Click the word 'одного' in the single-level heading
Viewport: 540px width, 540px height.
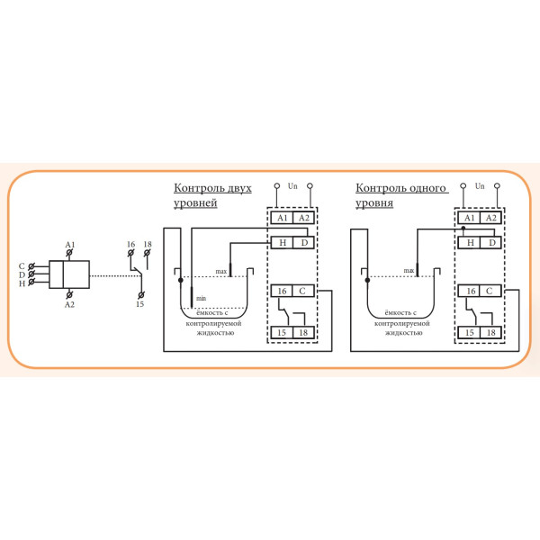coord(430,188)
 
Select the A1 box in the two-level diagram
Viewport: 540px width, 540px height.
coord(282,218)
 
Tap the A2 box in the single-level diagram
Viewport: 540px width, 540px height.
coord(490,218)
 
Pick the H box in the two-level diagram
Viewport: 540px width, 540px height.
coord(282,242)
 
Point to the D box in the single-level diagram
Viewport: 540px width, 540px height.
coord(490,242)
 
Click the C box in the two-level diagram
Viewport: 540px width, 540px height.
coord(303,291)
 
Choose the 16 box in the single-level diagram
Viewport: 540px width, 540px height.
coord(469,291)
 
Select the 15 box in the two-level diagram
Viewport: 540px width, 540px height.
coord(282,333)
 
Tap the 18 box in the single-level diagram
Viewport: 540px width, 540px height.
coord(490,333)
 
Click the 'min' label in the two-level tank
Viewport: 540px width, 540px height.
coord(202,297)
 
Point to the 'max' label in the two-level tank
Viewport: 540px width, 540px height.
coord(220,271)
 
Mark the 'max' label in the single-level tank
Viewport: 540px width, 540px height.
coord(409,270)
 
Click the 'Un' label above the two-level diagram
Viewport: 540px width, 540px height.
coord(292,186)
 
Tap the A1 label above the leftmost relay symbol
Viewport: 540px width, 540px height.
coord(70,245)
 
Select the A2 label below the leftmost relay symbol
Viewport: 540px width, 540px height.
coord(70,304)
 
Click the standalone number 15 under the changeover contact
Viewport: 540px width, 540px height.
coord(139,304)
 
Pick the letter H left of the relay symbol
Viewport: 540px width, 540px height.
coord(22,283)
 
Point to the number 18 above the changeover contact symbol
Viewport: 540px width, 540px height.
coord(148,245)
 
